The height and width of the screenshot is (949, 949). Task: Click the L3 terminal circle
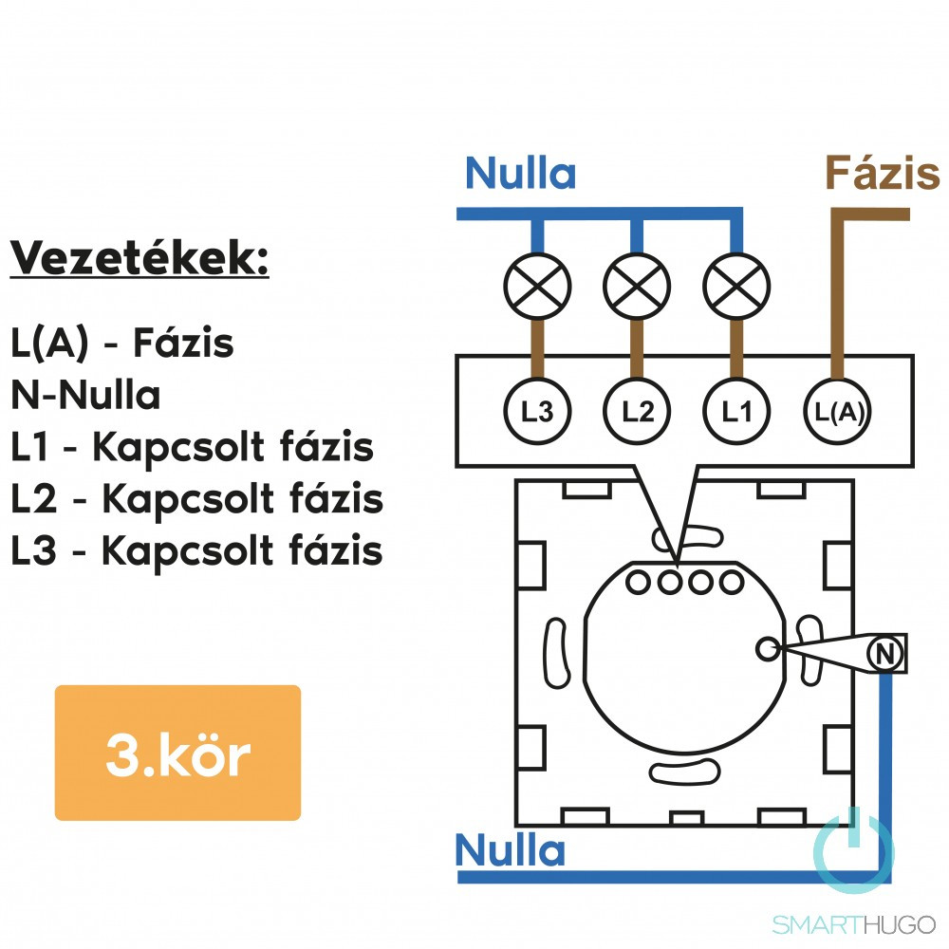(537, 412)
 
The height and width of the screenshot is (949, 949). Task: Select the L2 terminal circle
(637, 412)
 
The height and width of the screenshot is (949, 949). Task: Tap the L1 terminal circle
(736, 412)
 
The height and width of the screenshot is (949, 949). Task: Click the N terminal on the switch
(884, 653)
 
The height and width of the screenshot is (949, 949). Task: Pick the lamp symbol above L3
(537, 286)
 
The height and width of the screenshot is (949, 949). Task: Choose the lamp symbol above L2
(637, 286)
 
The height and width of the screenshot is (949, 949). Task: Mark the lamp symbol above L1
(736, 286)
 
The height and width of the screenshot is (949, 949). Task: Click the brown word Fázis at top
(882, 173)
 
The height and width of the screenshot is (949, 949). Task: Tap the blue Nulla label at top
(520, 173)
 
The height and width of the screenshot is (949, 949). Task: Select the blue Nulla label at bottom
(510, 849)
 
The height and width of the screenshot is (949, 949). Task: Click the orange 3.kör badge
(177, 754)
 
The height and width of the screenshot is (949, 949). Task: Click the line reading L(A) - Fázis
(122, 344)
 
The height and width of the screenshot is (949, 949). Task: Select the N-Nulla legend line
(86, 395)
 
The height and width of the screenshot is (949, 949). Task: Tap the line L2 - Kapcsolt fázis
(196, 498)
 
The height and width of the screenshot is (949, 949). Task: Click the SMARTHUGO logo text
(853, 923)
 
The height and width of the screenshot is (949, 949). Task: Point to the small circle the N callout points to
(767, 648)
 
